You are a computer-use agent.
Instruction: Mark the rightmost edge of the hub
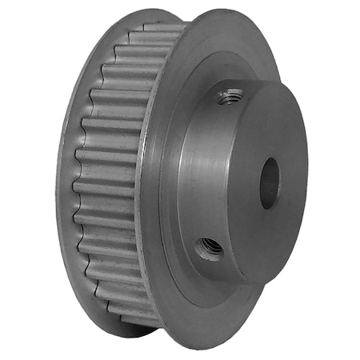pos(306,172)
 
